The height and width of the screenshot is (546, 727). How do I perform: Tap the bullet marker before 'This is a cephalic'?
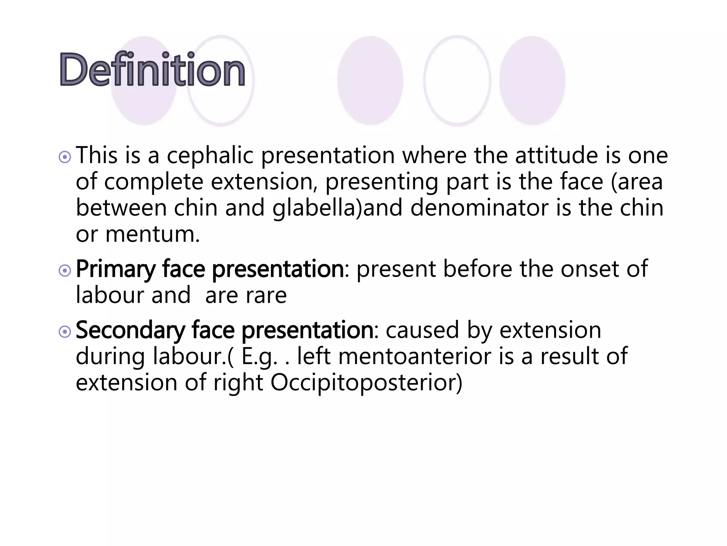(65, 157)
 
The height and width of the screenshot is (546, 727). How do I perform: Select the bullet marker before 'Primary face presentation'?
(65, 271)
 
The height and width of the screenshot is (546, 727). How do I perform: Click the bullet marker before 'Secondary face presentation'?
(65, 332)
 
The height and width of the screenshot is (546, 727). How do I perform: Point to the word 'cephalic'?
(210, 156)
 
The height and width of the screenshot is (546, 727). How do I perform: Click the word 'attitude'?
(556, 156)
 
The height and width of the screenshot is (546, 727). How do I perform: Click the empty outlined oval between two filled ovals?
(457, 80)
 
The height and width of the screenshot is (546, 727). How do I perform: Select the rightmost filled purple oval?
(532, 80)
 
